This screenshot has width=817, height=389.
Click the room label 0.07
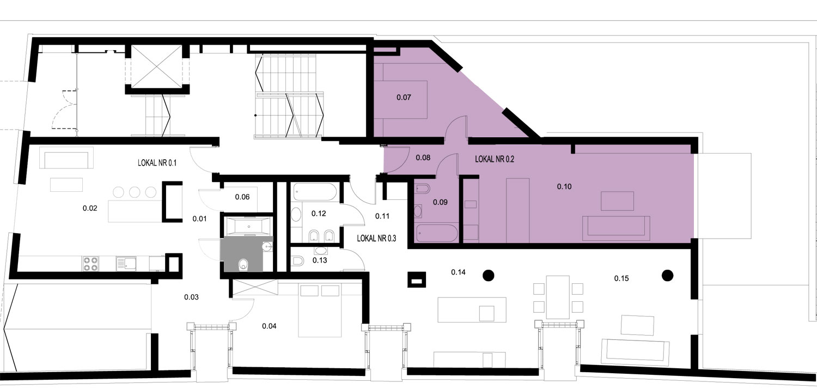pos(404,98)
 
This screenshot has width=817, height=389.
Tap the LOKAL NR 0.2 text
pos(495,159)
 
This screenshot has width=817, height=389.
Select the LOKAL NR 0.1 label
pos(157,163)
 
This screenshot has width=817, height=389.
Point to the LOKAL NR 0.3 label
pos(376,238)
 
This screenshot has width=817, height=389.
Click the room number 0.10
pos(564,186)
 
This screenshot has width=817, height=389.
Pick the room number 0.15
pos(621,278)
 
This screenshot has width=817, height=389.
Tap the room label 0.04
pos(269,326)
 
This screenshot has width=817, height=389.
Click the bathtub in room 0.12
pos(315,192)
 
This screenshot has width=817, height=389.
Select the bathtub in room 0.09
pos(437,233)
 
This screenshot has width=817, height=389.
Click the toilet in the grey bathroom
pos(243,265)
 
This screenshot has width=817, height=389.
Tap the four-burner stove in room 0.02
pos(90,264)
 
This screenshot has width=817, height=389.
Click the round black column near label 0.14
pos(489,276)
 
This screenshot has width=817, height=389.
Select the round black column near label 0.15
pos(667,276)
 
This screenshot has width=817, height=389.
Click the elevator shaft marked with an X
pos(156,66)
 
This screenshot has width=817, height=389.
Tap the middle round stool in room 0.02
pos(135,192)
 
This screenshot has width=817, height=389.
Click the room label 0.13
pos(320,260)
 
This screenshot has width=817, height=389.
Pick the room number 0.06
pos(242,197)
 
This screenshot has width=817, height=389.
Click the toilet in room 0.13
pos(298,260)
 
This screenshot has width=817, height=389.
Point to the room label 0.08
pos(423,157)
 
